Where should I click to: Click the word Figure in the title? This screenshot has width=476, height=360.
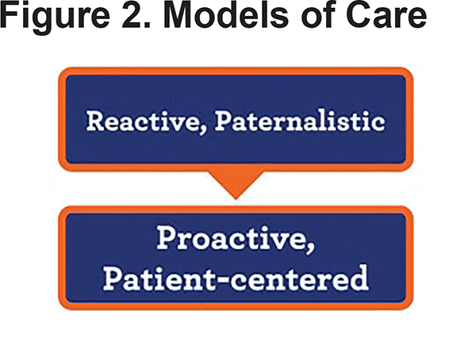coord(56,16)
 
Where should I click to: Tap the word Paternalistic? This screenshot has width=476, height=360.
coord(300,121)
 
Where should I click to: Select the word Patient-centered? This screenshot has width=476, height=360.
coord(236,278)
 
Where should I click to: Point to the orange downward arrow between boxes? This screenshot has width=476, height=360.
coord(236,185)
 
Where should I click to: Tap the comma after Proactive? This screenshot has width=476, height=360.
coord(310,247)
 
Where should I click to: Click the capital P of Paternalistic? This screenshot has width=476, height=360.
coord(224,121)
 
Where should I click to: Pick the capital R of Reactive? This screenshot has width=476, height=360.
coord(96,121)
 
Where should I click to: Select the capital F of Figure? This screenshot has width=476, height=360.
coord(9,14)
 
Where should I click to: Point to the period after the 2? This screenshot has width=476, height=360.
coord(148,25)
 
